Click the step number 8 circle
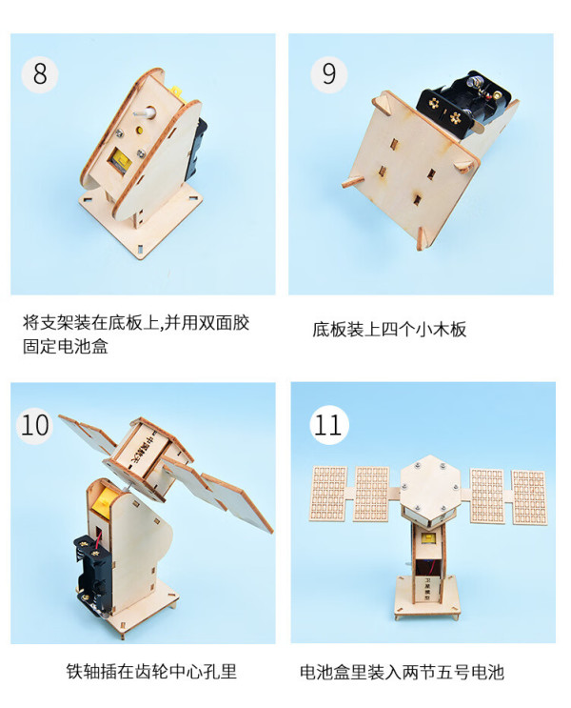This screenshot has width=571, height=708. coord(40,74)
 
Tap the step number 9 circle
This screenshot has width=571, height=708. coord(328,74)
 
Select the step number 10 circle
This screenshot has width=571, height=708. coord(34,425)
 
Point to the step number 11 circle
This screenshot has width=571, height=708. coord(328,425)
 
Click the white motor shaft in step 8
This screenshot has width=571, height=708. coord(145,112)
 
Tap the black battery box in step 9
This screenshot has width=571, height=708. coord(464,104)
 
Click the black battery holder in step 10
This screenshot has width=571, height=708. coord(92,572)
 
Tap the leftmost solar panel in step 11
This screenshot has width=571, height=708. coord(328,494)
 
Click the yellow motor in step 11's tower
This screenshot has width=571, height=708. coord(427,538)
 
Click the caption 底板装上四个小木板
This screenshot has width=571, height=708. coord(389,329)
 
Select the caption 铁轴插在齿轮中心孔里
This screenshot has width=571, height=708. coord(151,672)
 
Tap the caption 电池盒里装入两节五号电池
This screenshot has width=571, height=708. coord(402,673)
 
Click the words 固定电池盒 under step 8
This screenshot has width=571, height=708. coord(66,346)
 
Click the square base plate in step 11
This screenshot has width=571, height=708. coord(426,597)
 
